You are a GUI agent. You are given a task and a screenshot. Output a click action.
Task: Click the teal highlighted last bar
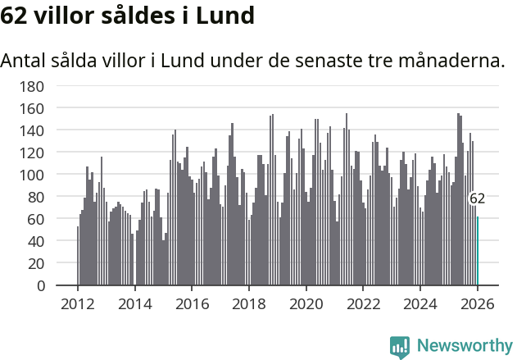[x=478, y=251]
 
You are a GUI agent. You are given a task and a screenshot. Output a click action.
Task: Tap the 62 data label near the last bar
[x=477, y=198]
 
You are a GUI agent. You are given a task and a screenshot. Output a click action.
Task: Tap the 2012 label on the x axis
[x=78, y=303]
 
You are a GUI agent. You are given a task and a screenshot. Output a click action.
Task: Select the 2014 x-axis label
[x=135, y=303]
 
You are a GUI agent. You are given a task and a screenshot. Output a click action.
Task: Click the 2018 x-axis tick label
[x=249, y=303]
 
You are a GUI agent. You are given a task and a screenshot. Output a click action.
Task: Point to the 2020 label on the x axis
[x=306, y=303]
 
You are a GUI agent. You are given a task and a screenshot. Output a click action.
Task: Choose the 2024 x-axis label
[x=421, y=303]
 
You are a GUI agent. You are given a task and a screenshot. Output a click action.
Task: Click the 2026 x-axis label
[x=478, y=303]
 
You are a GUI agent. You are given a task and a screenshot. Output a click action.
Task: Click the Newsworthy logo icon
[x=400, y=347]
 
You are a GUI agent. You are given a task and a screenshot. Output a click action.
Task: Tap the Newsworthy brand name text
[x=465, y=347]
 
